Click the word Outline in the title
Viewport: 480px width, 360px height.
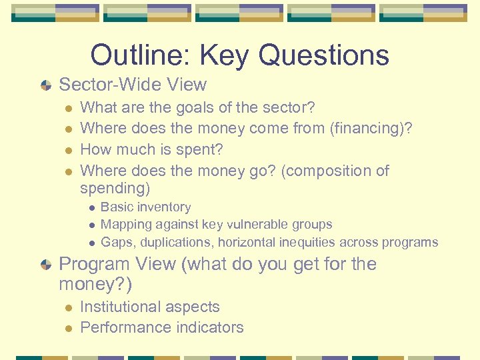(x=131, y=55)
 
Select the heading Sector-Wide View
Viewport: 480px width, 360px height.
(x=133, y=85)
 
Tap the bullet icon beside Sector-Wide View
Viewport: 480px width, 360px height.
(x=45, y=85)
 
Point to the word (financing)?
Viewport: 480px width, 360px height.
(x=371, y=128)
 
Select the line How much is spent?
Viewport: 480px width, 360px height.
(x=151, y=149)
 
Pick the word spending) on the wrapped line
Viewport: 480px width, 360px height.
(x=115, y=189)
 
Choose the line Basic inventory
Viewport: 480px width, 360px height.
(x=145, y=207)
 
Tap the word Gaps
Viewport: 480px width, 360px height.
(x=117, y=242)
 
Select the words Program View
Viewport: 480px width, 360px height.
(x=117, y=264)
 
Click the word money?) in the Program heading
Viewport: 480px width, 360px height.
(x=95, y=285)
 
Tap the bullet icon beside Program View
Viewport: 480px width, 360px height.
(x=45, y=265)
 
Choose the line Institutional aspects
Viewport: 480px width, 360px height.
(x=149, y=307)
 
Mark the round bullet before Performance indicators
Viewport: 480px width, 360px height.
(x=67, y=328)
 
